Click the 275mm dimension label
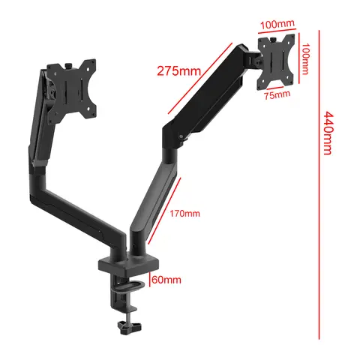tap(178, 71)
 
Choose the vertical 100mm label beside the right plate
tap(305, 58)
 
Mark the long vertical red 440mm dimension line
tap(317, 172)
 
